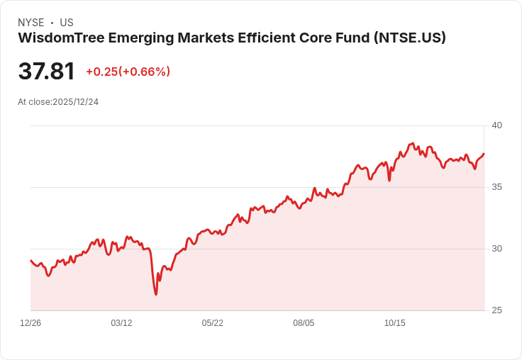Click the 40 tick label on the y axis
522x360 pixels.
(496, 125)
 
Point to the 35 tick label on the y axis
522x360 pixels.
(496, 187)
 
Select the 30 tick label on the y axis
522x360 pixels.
(496, 249)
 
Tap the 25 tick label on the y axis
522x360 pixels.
(496, 310)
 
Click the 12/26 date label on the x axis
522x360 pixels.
(30, 323)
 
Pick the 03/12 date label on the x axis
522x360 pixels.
(121, 323)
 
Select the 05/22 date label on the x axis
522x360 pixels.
(213, 323)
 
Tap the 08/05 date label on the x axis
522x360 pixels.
(304, 323)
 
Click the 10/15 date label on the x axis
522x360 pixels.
(395, 323)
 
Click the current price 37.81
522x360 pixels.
(46, 72)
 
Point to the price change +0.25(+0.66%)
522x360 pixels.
(128, 72)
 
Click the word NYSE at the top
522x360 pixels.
(30, 23)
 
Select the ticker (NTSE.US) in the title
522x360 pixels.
(410, 38)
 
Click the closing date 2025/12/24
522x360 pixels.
(75, 102)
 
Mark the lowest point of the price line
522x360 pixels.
(156, 294)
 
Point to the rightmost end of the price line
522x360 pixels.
(484, 154)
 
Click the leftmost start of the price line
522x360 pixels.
(30, 261)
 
